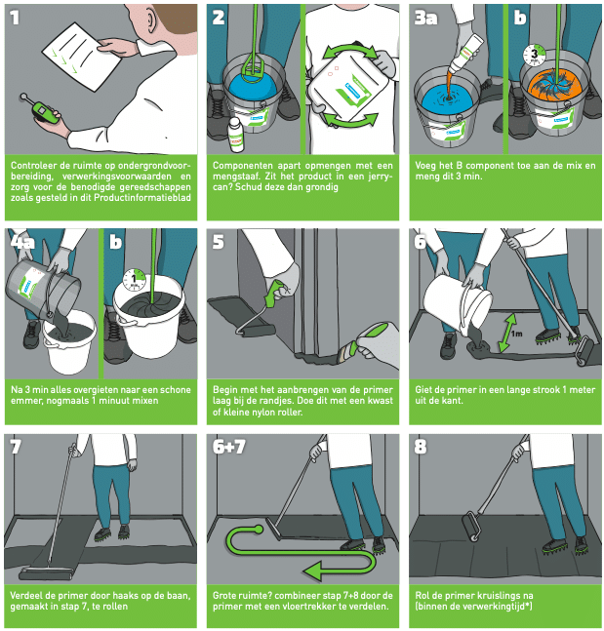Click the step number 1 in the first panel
coord(15,18)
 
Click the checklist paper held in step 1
coord(82,57)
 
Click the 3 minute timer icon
coord(535,56)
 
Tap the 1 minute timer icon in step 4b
coord(135,280)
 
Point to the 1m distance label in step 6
coord(516,334)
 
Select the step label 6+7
coord(228,447)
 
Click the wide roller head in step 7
coord(46,573)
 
